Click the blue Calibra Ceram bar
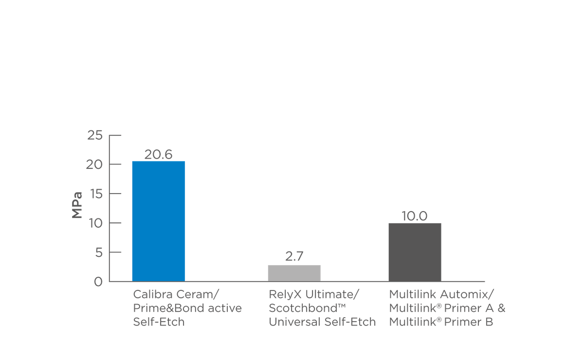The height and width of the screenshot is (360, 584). (159, 221)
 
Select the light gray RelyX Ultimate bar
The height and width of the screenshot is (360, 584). (294, 273)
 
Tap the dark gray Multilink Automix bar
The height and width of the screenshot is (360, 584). (415, 252)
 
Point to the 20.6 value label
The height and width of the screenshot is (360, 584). (158, 155)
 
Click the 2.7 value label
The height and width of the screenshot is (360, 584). (294, 256)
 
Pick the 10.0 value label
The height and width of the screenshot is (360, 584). (415, 216)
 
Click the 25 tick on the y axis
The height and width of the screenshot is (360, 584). (95, 135)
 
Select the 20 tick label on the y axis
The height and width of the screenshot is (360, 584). (95, 164)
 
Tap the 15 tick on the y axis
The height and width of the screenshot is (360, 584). (95, 194)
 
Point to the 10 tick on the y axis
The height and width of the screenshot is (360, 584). (95, 223)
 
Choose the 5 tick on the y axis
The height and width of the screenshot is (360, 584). (98, 252)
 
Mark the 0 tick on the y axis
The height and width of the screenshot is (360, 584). (98, 282)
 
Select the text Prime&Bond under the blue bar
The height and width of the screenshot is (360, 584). (162, 308)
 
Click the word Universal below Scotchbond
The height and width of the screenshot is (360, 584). (291, 322)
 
